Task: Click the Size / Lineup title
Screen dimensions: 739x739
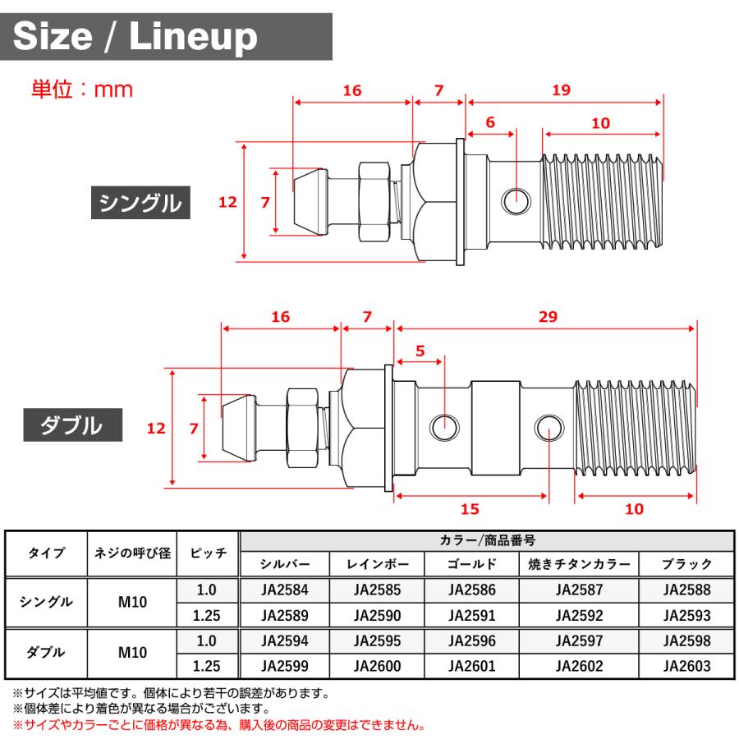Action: [x=135, y=36]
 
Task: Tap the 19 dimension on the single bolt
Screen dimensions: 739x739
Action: [x=562, y=90]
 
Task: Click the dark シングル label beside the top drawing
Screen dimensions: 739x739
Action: [x=140, y=202]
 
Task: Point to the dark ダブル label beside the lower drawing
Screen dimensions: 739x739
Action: [x=72, y=425]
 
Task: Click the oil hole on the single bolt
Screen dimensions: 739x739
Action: [x=516, y=198]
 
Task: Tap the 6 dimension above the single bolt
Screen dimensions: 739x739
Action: [x=490, y=122]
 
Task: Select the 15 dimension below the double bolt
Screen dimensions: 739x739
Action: [x=470, y=509]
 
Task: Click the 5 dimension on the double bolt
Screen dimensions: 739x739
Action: [x=420, y=351]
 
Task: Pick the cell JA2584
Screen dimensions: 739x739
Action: [x=284, y=590]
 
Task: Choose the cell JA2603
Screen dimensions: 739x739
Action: [x=687, y=666]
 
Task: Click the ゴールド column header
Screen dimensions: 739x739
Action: [x=472, y=564]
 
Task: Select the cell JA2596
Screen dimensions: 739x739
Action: [x=472, y=640]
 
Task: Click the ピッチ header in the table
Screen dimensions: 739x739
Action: [x=209, y=553]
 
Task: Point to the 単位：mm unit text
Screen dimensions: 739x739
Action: [x=81, y=89]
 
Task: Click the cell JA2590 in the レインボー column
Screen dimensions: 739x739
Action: [x=378, y=615]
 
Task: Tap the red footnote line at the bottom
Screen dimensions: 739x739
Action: [x=218, y=726]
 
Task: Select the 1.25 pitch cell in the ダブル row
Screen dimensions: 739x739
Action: [x=209, y=666]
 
